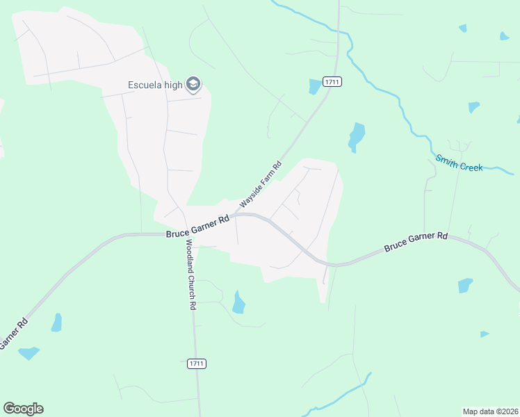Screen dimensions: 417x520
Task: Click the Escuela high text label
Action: [155, 85]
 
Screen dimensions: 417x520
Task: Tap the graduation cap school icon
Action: [193, 85]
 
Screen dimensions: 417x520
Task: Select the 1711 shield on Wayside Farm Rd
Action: [332, 82]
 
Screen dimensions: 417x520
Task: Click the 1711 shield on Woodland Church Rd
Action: [197, 363]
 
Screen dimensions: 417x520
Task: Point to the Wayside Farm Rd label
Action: [261, 184]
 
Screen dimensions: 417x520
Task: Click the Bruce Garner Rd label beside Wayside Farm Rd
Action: [197, 227]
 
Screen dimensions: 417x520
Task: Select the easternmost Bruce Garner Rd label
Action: [416, 242]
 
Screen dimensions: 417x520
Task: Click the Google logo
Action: [23, 409]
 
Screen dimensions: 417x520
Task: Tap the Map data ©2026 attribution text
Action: [490, 411]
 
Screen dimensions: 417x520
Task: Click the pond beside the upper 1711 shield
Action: [315, 86]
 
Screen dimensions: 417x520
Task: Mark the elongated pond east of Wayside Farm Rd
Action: [356, 136]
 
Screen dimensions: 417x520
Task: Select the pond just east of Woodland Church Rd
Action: [238, 303]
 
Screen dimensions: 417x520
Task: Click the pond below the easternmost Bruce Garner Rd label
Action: [465, 285]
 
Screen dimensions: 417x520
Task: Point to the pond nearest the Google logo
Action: [29, 353]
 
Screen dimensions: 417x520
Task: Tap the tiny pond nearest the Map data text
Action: [485, 334]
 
